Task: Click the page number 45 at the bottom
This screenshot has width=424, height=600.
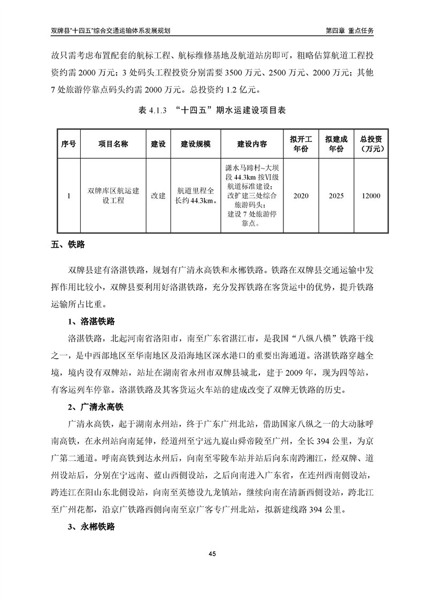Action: click(212, 553)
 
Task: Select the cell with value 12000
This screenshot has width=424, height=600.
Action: click(371, 196)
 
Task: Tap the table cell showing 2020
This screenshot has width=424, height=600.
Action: click(301, 196)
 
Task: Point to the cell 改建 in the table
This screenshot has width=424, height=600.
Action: click(158, 196)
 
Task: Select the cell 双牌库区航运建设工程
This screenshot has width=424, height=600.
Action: click(113, 196)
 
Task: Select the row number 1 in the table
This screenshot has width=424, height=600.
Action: click(68, 196)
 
